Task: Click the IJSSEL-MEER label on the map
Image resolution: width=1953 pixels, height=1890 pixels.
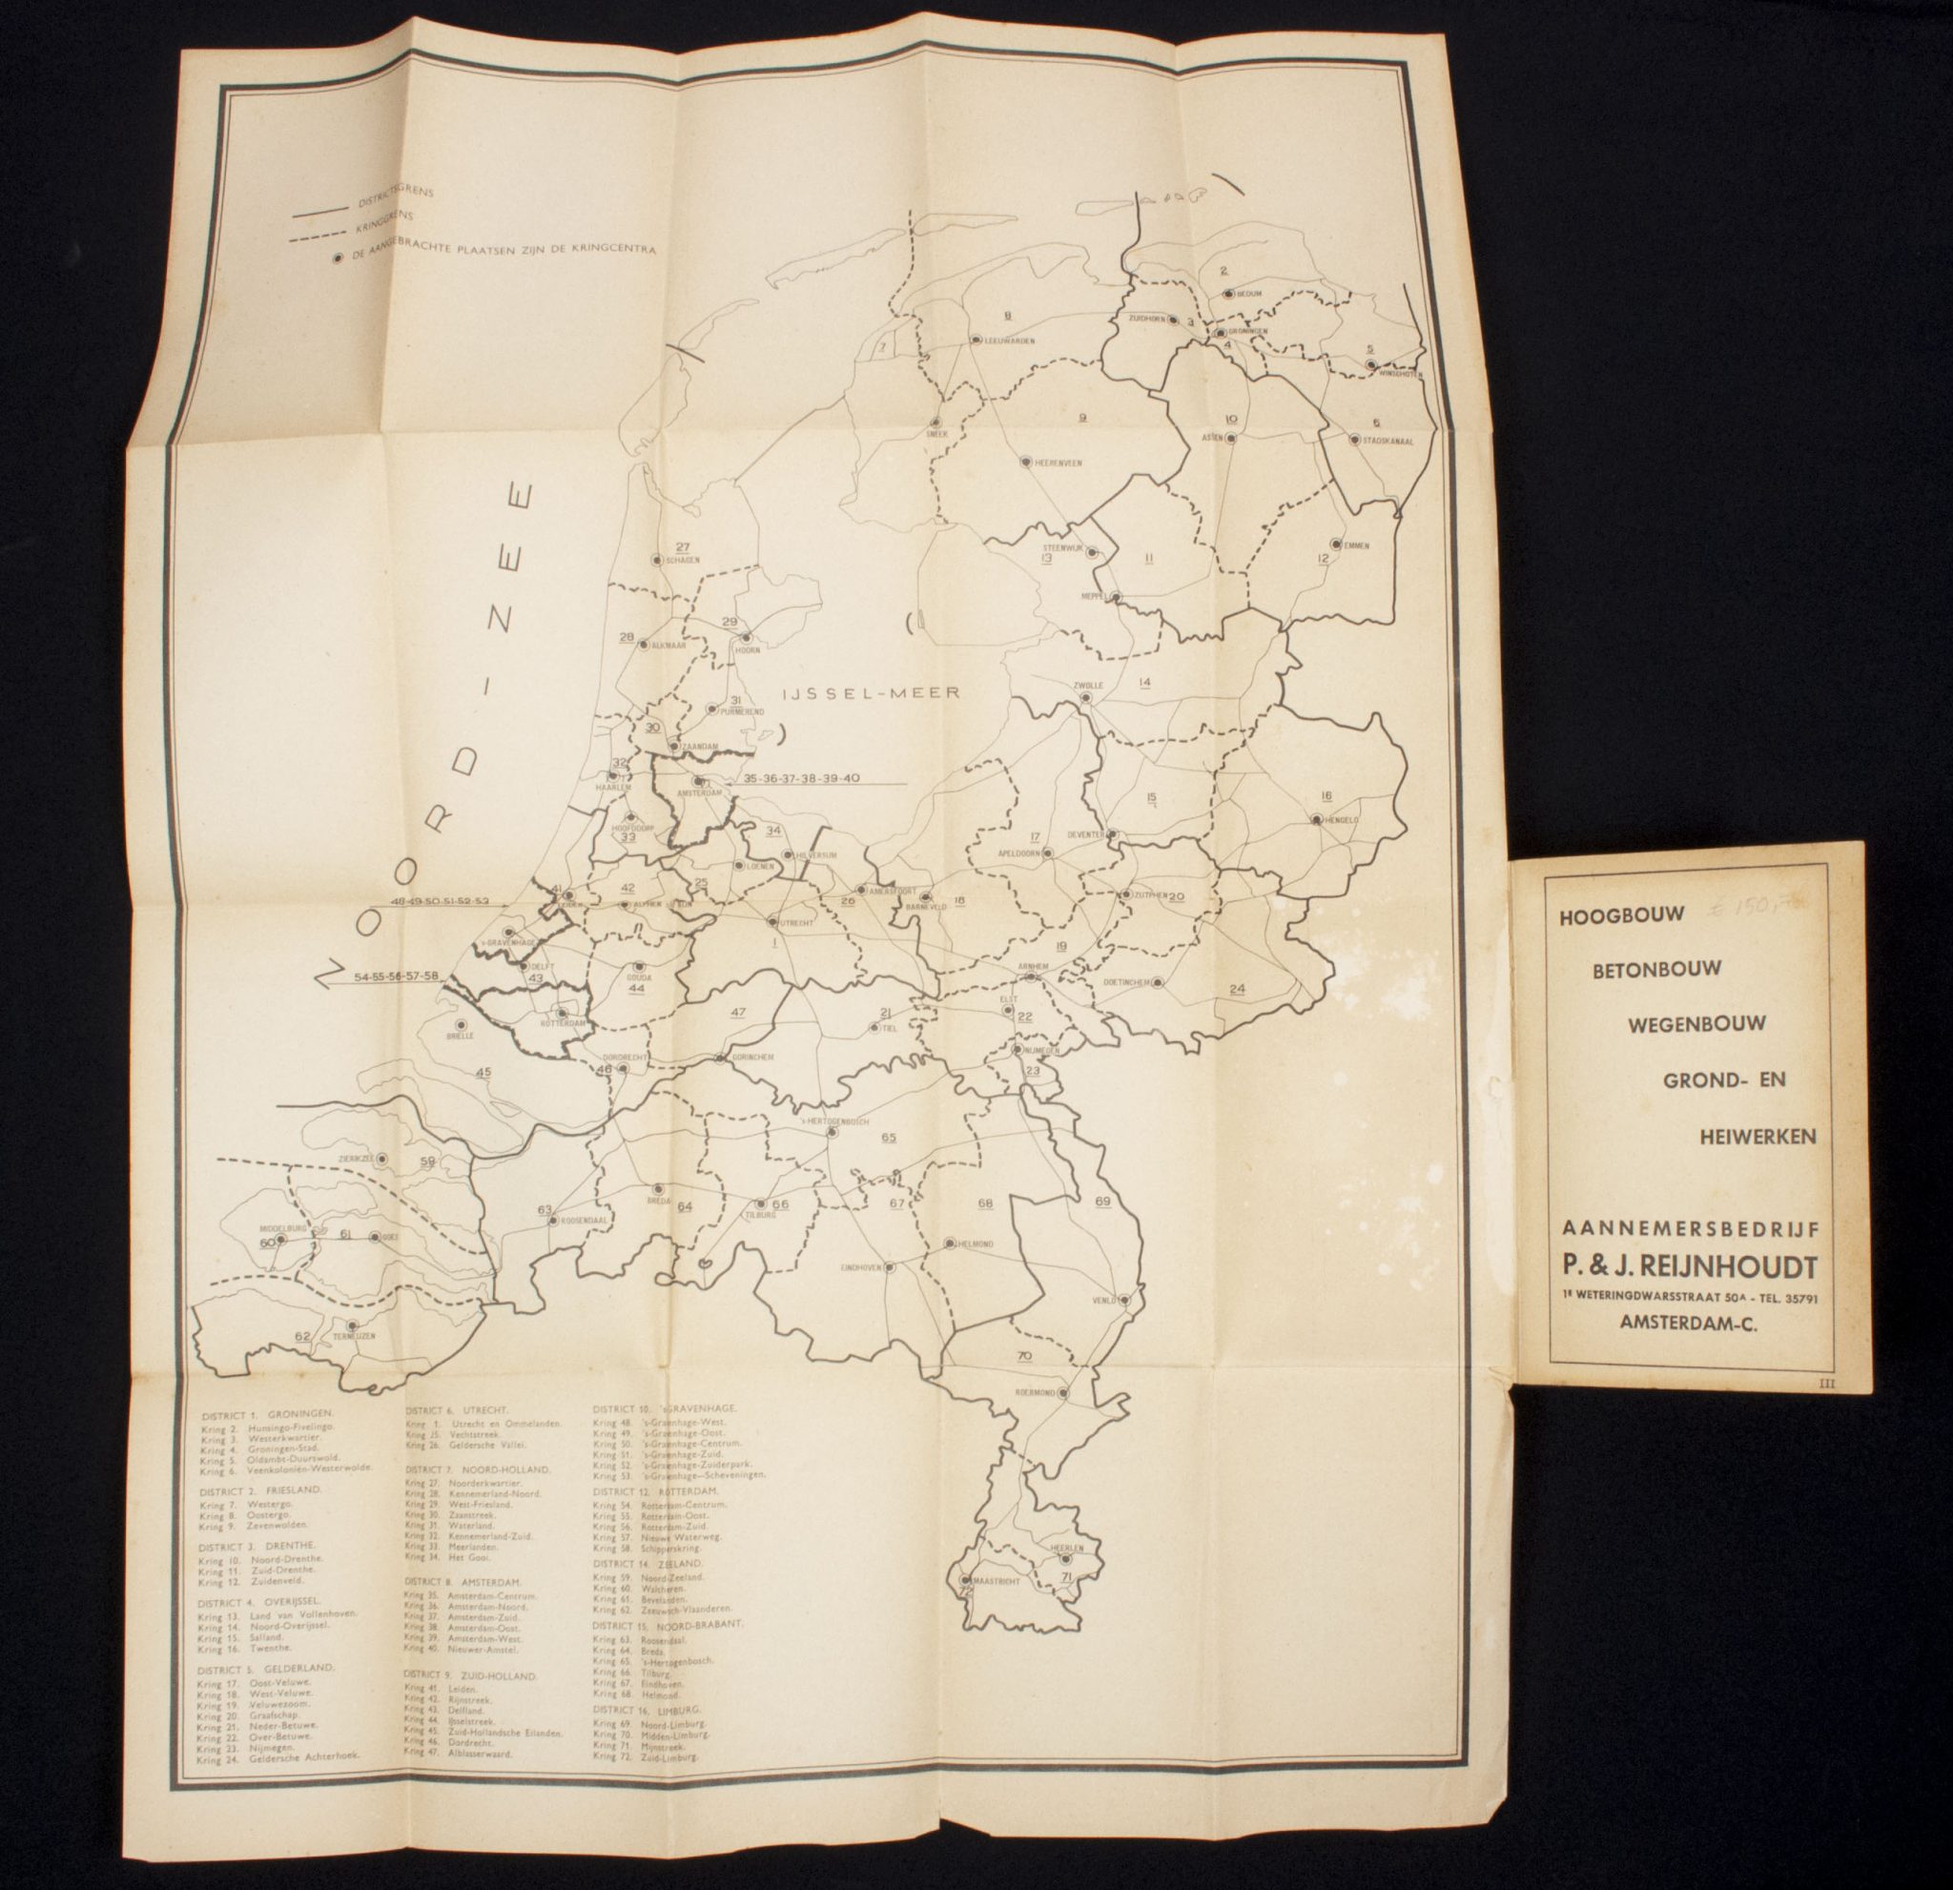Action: [x=870, y=693]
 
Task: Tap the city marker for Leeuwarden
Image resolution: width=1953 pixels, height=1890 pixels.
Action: [x=976, y=339]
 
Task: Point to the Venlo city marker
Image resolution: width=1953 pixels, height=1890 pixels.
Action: [x=1124, y=1299]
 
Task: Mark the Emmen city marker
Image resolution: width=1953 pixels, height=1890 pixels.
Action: [x=1336, y=544]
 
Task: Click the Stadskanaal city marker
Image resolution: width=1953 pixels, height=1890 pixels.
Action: [x=1354, y=439]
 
